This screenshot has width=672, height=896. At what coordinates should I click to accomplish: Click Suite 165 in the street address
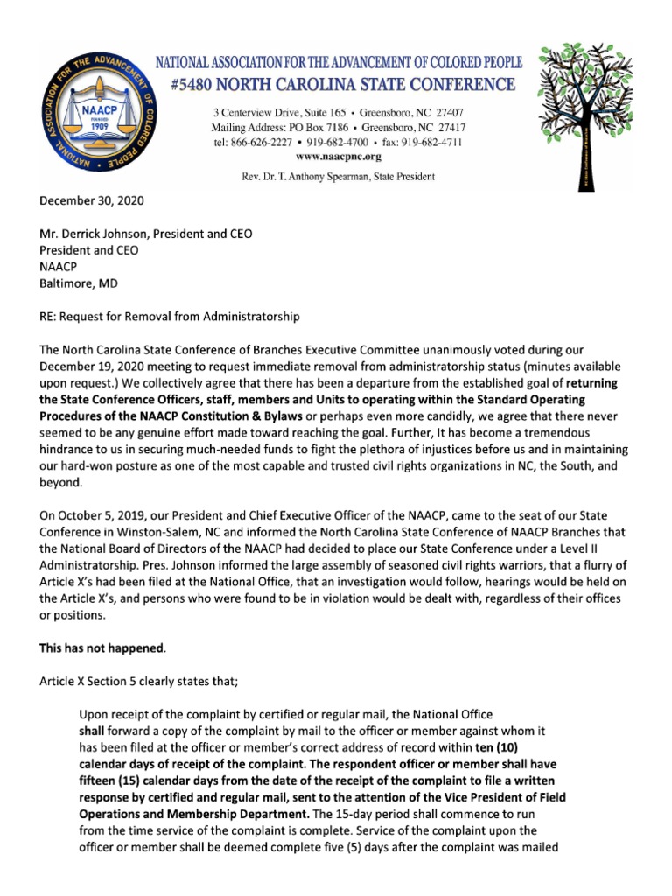311,114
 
